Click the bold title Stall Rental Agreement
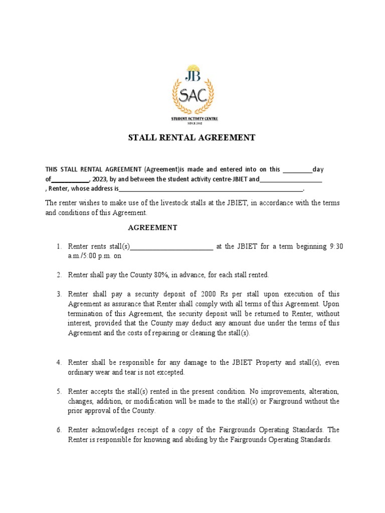point(192,138)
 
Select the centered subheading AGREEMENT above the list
point(152,227)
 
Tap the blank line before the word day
point(298,170)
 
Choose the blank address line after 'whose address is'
point(211,189)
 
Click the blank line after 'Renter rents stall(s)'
point(171,246)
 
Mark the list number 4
point(59,362)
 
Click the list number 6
point(59,430)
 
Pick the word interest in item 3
point(80,323)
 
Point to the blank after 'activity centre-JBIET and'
point(291,179)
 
